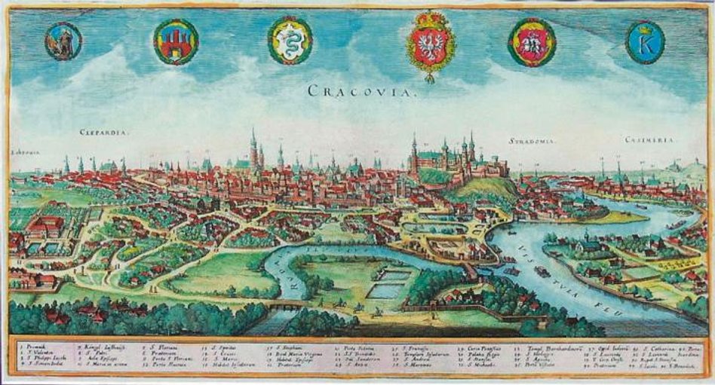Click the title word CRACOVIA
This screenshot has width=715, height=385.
coord(351,92)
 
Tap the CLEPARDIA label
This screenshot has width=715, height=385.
coord(104,133)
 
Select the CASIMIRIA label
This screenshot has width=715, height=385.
coord(653,141)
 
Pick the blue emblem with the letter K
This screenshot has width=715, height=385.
coord(646,42)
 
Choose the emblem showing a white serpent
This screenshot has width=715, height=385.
coord(290,41)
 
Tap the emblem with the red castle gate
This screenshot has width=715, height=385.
coord(176,41)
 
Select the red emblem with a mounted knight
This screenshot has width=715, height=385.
coord(532,42)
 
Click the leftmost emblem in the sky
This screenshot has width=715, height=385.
coord(63,41)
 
